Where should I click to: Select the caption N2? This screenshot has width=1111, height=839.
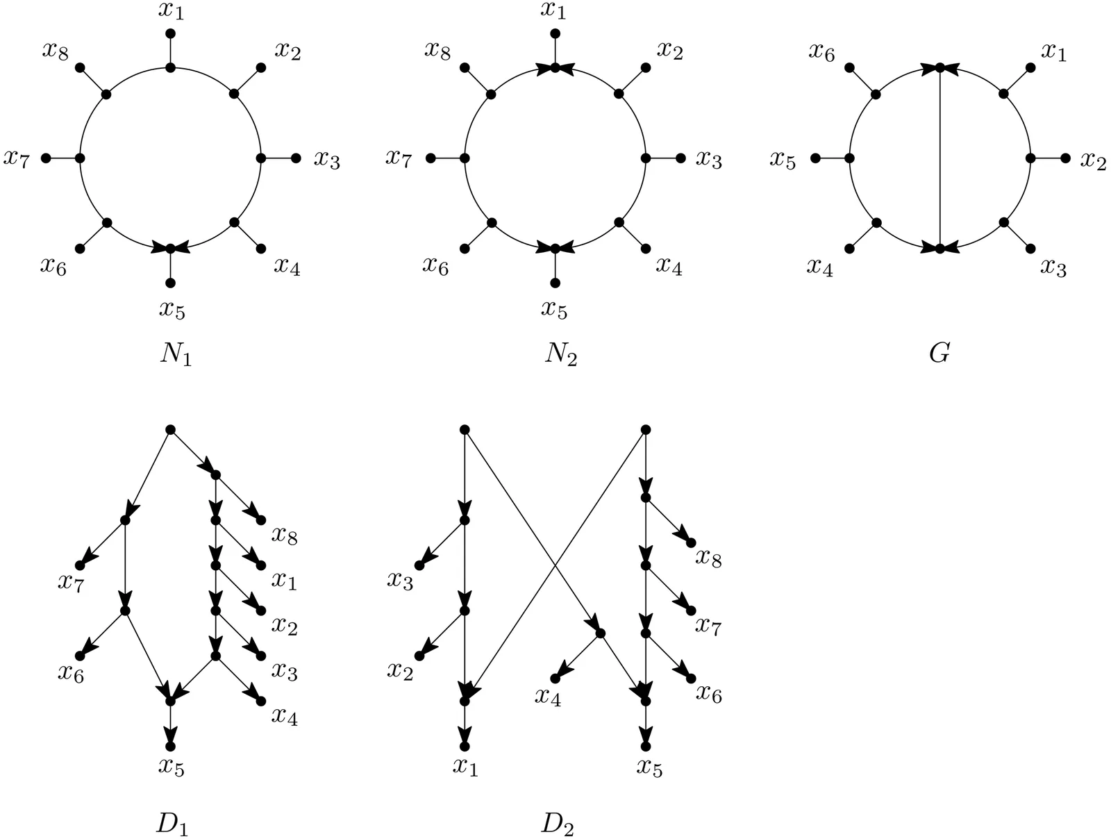[x=560, y=356]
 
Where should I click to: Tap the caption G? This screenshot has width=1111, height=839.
[x=939, y=354]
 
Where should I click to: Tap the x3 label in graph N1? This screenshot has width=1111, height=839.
[x=326, y=160]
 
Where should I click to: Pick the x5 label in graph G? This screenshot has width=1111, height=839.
[x=782, y=160]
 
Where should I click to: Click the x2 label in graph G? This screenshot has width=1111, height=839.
[x=1092, y=160]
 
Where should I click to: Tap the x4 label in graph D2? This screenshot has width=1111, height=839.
[x=548, y=696]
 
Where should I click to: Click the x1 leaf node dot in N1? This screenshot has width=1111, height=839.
[x=171, y=33]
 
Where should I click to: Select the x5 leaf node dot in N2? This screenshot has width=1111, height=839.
[x=555, y=283]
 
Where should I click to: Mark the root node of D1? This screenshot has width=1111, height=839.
[x=171, y=430]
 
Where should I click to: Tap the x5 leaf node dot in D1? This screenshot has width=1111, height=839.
[x=171, y=746]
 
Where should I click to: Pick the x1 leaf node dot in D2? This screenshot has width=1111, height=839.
[x=465, y=746]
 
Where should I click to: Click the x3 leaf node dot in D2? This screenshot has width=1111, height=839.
[x=420, y=565]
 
